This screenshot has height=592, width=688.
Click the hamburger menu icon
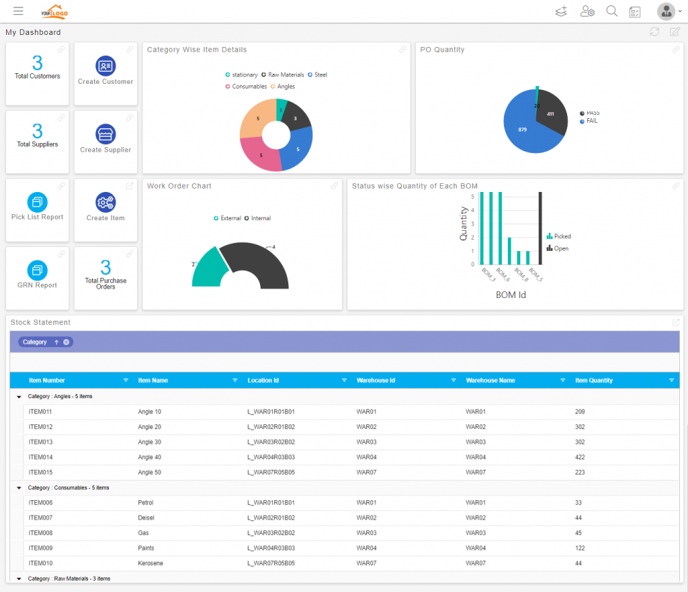tap(18, 11)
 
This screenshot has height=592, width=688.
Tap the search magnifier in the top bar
tap(611, 11)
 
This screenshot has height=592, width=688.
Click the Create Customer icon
tap(105, 66)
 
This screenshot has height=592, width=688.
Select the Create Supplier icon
tap(105, 134)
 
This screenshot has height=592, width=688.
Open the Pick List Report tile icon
tap(37, 201)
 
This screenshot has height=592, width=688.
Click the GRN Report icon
tap(37, 270)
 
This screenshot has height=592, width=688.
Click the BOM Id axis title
tap(510, 294)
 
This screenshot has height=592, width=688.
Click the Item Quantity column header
tap(594, 381)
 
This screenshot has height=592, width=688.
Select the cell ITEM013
tap(40, 442)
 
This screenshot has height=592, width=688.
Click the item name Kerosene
tap(150, 563)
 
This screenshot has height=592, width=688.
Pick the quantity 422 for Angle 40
tap(580, 457)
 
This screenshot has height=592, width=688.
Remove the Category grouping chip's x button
tap(67, 342)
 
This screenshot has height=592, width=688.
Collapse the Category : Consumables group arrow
tap(19, 488)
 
